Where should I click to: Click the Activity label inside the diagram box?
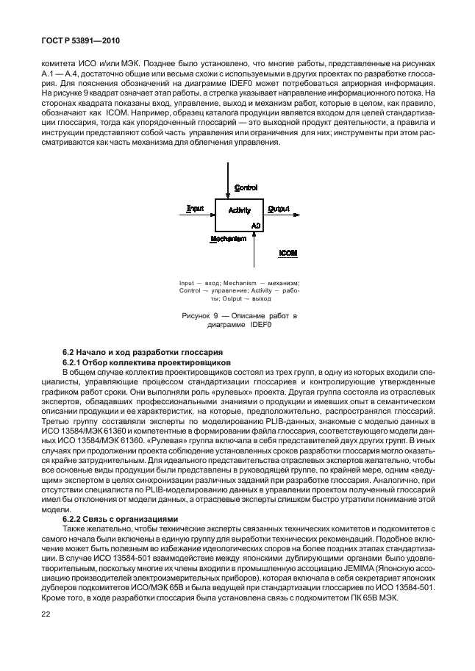pyautogui.click(x=240, y=210)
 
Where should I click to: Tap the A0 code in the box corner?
pyautogui.click(x=256, y=224)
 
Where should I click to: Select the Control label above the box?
pyautogui.click(x=245, y=188)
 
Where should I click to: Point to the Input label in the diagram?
pyautogui.click(x=195, y=209)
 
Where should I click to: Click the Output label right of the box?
pyautogui.click(x=278, y=209)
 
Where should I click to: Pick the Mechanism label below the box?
pyautogui.click(x=228, y=239)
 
